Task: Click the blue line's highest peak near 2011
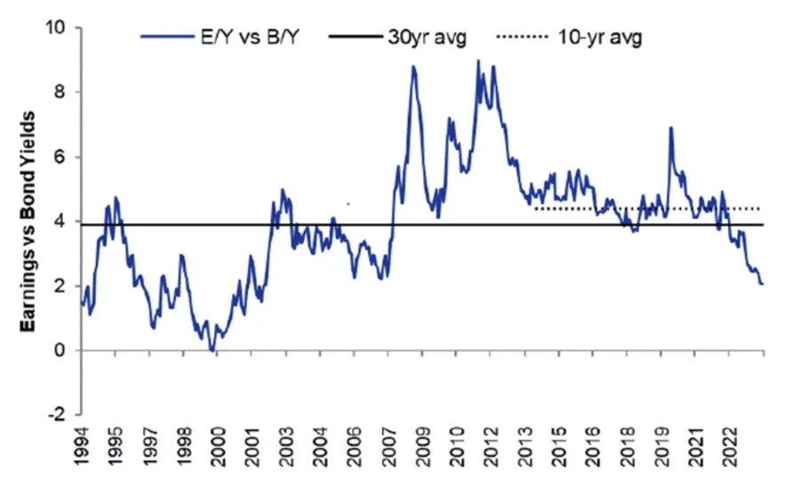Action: coord(478,61)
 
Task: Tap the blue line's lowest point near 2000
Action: coord(212,351)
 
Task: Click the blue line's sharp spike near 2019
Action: coord(670,128)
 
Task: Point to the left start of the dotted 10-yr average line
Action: coord(535,208)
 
